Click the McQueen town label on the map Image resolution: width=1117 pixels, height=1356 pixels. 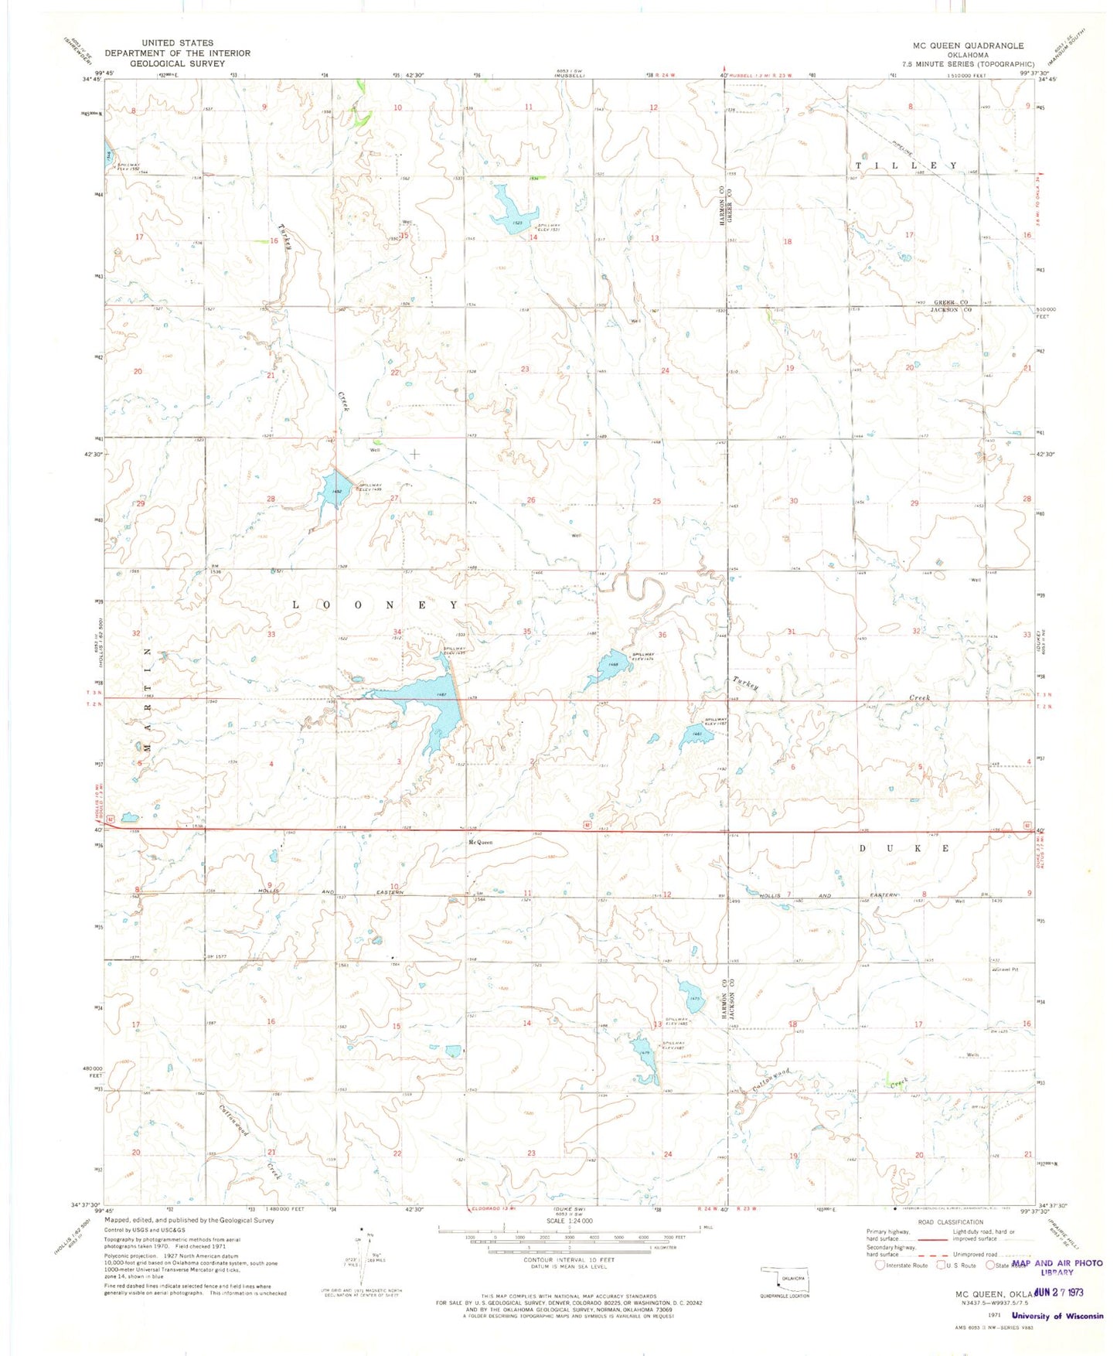[480, 843]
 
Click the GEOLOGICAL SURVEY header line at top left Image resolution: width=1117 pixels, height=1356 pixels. [178, 63]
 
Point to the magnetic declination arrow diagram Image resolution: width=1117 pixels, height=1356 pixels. [364, 1268]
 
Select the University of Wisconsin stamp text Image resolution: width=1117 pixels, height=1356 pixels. [1057, 1316]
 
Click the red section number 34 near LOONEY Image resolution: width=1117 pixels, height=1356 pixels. [397, 632]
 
